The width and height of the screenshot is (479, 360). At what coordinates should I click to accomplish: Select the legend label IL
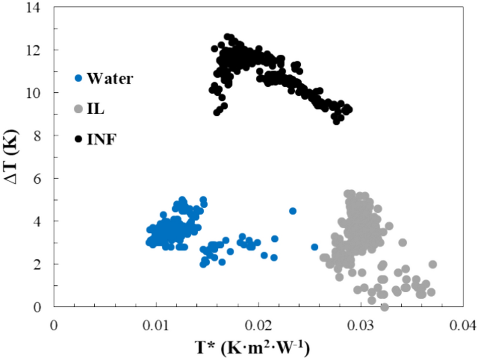coord(95,109)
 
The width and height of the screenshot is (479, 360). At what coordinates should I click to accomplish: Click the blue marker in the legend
coord(78,78)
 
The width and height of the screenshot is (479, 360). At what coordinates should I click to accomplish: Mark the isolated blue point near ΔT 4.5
coord(292,211)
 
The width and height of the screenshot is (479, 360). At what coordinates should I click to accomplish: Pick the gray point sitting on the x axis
coord(384,307)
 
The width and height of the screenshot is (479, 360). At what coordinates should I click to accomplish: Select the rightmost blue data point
coord(315,247)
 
